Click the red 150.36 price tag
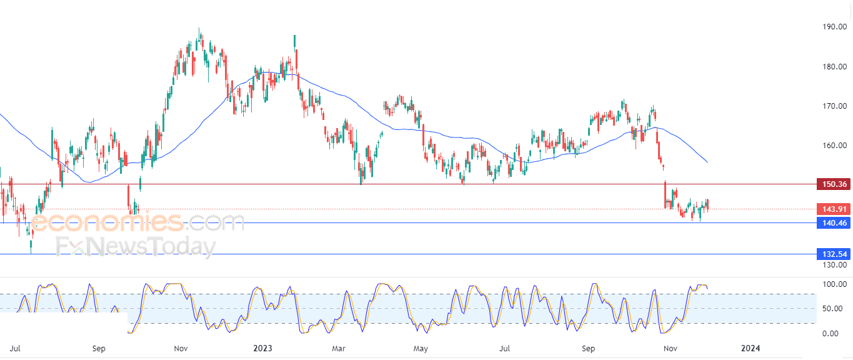coord(833,184)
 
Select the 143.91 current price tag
coord(833,209)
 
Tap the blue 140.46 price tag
coord(833,223)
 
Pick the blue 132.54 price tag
coord(833,254)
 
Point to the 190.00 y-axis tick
coord(835,27)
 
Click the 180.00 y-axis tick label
coord(835,67)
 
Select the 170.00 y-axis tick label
coord(835,106)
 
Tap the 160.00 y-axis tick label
coord(835,146)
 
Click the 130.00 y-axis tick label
coord(835,264)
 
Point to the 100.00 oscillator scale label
coord(835,284)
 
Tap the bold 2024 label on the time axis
coord(750,347)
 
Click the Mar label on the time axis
coord(339,347)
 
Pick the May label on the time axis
coord(421,347)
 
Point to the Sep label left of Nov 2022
coord(99,347)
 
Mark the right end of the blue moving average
coord(707,163)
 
